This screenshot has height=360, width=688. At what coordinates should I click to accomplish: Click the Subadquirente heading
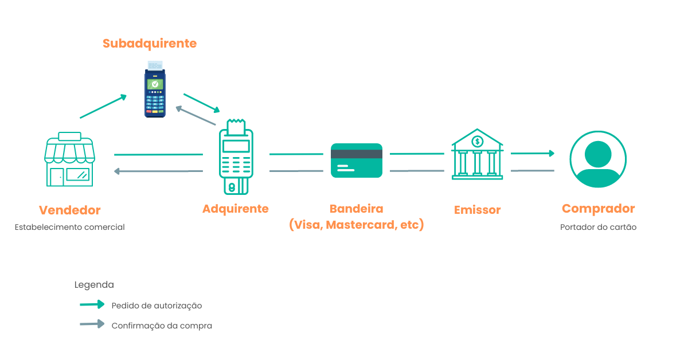tap(150, 44)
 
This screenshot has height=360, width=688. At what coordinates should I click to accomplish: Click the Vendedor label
tap(70, 210)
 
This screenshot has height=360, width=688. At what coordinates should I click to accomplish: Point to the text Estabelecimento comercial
tap(70, 227)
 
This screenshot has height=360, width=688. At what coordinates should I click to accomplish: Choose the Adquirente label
tap(236, 209)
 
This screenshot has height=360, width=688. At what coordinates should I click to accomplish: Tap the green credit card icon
tap(357, 160)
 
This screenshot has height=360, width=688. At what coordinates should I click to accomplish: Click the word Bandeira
tap(357, 209)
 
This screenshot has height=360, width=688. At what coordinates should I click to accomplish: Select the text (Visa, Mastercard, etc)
tap(357, 225)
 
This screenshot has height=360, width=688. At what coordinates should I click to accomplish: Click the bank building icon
tap(477, 155)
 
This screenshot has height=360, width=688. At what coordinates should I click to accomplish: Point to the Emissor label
tap(477, 210)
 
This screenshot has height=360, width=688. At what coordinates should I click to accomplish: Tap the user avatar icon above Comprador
tap(598, 159)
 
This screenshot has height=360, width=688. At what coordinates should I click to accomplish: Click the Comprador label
tap(598, 209)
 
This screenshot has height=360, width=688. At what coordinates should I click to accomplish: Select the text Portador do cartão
tap(598, 227)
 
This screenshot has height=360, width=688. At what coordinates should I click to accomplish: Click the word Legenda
tap(94, 285)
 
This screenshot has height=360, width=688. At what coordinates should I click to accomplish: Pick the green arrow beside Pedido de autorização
tap(92, 304)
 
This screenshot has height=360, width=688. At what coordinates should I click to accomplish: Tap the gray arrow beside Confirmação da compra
tap(92, 324)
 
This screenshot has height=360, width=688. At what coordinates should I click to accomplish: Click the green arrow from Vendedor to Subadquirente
tap(103, 107)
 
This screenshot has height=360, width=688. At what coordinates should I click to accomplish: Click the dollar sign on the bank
tap(477, 141)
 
